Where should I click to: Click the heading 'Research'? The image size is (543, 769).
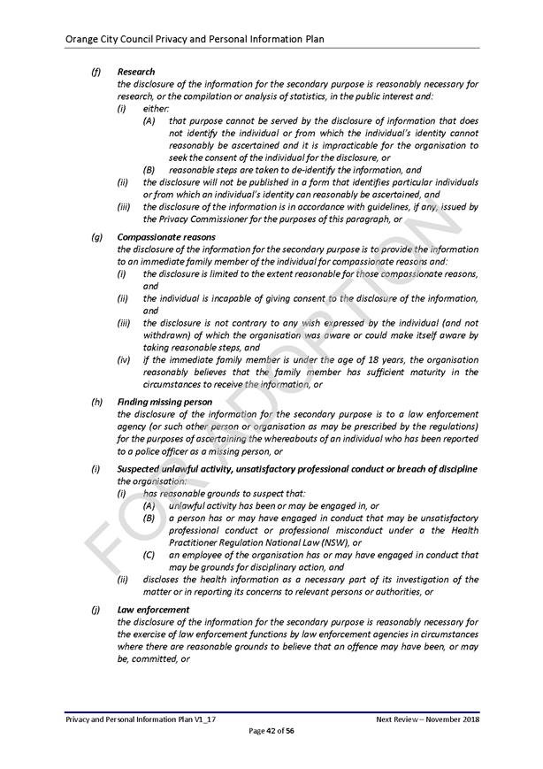[136, 72]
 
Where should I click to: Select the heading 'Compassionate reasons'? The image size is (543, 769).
[166, 237]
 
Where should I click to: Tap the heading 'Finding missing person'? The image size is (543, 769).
[164, 402]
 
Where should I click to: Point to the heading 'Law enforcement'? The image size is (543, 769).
[153, 610]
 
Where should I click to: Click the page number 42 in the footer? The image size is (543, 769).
[271, 730]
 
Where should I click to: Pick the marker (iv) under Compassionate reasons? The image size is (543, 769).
[123, 360]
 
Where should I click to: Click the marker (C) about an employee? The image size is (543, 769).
[149, 555]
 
